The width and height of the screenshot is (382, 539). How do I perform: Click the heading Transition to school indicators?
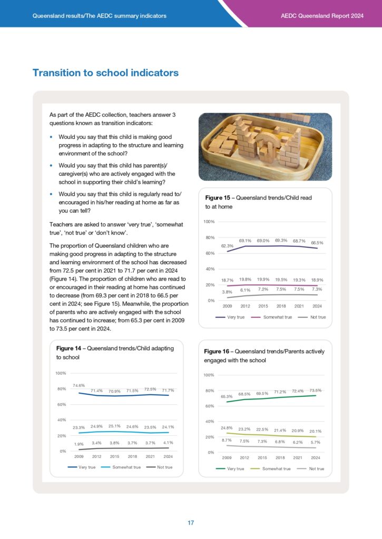click(x=105, y=73)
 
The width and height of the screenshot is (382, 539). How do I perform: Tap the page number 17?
click(x=191, y=523)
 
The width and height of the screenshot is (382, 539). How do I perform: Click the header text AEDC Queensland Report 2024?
click(x=322, y=16)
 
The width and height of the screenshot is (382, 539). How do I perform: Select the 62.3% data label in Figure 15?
click(x=227, y=245)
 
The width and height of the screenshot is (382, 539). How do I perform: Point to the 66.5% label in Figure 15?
click(x=317, y=243)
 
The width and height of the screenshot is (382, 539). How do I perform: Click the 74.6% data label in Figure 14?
click(x=79, y=385)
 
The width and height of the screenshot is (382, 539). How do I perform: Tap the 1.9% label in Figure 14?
click(x=79, y=443)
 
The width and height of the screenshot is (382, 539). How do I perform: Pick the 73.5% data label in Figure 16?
click(x=316, y=390)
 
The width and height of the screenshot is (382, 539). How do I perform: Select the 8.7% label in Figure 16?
click(x=227, y=440)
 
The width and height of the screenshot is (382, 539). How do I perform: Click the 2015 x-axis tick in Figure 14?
click(x=114, y=456)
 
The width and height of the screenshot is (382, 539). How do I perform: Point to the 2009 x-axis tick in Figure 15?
click(x=227, y=306)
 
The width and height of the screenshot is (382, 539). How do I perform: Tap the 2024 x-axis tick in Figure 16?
click(x=316, y=458)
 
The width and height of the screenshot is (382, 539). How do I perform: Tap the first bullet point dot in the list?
click(x=51, y=137)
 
